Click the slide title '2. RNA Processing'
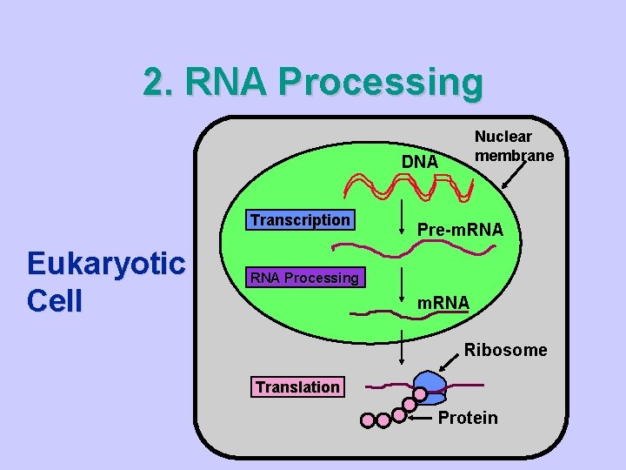(313, 83)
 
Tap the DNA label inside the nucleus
(420, 162)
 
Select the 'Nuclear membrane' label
(514, 146)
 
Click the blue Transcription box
(300, 220)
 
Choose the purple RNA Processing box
(304, 279)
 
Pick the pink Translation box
(297, 387)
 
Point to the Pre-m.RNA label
(461, 230)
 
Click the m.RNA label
(443, 303)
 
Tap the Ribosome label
(505, 350)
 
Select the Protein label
(468, 418)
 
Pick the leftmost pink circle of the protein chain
(367, 421)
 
